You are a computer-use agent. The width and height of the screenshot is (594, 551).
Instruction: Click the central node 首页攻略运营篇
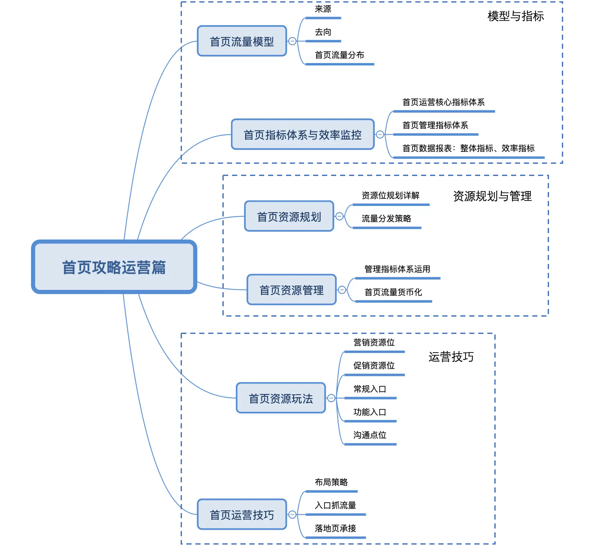pos(114,267)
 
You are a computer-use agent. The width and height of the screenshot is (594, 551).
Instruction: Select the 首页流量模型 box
pos(242,41)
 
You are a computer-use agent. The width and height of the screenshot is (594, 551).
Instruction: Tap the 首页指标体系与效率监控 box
pos(302,135)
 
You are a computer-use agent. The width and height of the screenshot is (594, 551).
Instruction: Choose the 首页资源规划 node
pos(289,216)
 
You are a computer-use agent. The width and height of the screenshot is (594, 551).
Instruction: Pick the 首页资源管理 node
pos(292,290)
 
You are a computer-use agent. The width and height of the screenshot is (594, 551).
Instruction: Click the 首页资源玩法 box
pos(281,398)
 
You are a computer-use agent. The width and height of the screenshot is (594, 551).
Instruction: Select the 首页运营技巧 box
pos(242,514)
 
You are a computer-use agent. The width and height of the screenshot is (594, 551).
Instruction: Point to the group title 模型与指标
pos(516,16)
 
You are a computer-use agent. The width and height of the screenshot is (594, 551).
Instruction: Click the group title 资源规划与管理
pos(492,196)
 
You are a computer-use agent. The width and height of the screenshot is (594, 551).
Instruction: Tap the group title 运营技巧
pos(451,357)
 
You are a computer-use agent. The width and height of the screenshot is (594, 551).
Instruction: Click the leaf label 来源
pos(323,9)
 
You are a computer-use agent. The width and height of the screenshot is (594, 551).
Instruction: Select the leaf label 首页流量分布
pos(339,55)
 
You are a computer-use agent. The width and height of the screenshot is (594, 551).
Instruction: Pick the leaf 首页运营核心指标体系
pos(444,102)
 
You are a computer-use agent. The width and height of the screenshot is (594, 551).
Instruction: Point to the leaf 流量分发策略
pos(386,218)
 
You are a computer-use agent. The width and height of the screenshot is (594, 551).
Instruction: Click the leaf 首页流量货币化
pos(393,292)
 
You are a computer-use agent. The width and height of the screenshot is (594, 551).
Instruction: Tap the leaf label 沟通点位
pos(370,435)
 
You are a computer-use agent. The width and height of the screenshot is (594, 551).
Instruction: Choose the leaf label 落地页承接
pos(335,528)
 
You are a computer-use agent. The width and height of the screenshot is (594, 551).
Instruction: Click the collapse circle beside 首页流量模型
pos(292,41)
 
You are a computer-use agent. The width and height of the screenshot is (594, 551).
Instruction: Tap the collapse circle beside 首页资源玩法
pos(331,398)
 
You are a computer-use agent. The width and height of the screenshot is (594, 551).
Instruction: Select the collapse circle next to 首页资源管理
pos(342,290)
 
